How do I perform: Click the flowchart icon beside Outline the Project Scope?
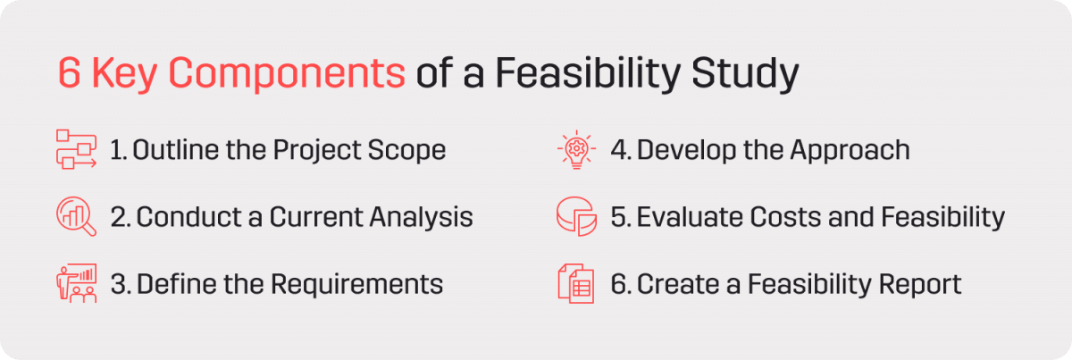[75, 149]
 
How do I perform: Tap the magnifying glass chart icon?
[75, 216]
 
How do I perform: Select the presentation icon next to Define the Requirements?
[75, 284]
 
